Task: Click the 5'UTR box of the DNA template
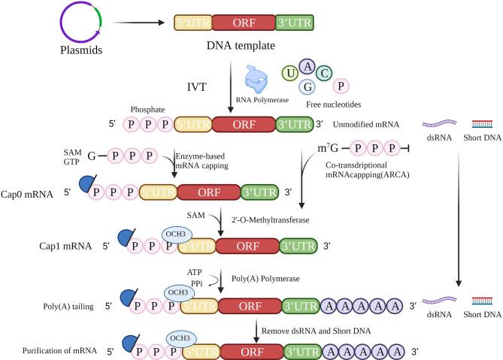192,25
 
